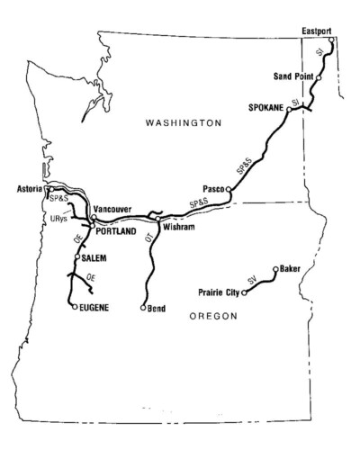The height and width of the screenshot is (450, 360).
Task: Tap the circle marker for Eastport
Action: (332, 40)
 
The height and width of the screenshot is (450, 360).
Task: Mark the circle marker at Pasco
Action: (229, 189)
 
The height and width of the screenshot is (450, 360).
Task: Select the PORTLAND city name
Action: (115, 231)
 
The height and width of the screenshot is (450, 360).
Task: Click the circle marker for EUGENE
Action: (74, 307)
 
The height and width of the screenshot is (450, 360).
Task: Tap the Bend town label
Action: (158, 308)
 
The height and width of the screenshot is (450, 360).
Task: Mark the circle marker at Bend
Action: (143, 308)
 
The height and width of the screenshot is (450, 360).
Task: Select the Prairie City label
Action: (219, 292)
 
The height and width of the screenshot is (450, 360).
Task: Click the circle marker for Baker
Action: (274, 268)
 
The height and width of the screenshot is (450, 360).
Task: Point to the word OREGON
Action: (214, 316)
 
